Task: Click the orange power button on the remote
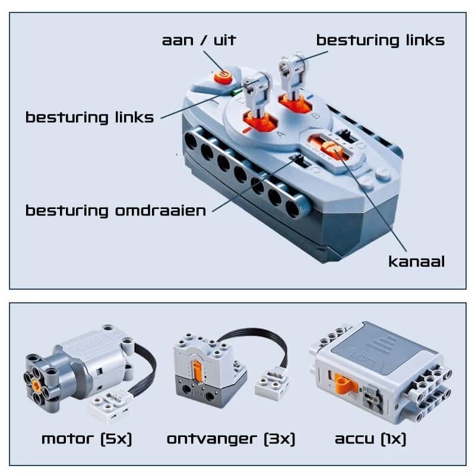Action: [x=223, y=77]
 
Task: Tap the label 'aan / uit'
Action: [x=199, y=40]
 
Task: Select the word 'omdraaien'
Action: [x=160, y=210]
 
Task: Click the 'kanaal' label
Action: [x=417, y=261]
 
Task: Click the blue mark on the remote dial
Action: [x=310, y=98]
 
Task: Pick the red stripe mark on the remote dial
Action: [x=247, y=130]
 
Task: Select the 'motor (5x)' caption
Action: [x=87, y=439]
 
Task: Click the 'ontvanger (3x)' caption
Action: [x=231, y=439]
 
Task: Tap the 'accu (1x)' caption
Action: [x=370, y=439]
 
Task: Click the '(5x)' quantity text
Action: [x=116, y=439]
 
